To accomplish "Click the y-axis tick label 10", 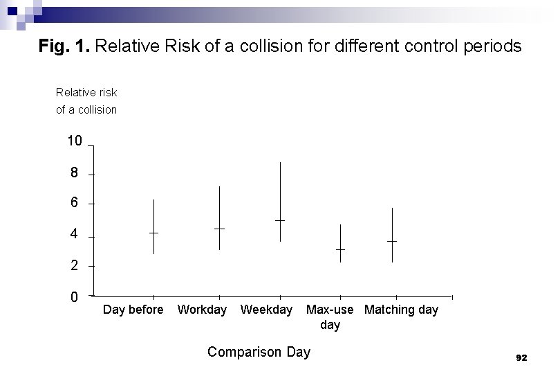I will tap(74, 142).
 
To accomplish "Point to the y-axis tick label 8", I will tap(74, 173).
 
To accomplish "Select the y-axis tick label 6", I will tap(74, 204).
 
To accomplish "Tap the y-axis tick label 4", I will tap(74, 235).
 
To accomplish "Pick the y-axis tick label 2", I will tap(74, 266).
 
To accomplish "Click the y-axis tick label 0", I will tap(74, 297).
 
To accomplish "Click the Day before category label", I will tap(133, 310).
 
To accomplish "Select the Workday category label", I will tap(202, 310).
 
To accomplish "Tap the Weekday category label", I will tap(266, 310).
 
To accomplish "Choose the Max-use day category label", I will tap(330, 317).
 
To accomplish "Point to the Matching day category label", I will tap(401, 310).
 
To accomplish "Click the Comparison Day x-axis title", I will tap(259, 352).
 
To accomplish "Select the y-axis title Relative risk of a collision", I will tap(86, 101).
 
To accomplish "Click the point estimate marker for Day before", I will tap(153, 233).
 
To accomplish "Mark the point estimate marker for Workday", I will tap(219, 229).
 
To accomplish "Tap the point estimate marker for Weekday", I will tap(280, 220).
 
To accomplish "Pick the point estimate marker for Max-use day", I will tap(340, 249).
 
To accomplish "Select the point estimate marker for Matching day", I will tap(392, 241).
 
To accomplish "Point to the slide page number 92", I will tap(521, 357).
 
